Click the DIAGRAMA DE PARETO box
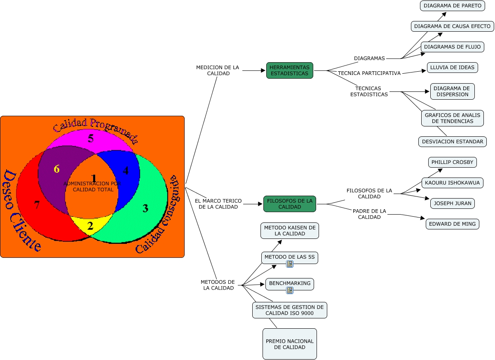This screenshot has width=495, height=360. [x=447, y=6]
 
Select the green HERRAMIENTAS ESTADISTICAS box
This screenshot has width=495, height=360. [x=289, y=70]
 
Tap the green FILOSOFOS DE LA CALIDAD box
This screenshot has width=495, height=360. [x=289, y=204]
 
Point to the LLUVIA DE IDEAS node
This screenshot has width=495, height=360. [x=452, y=68]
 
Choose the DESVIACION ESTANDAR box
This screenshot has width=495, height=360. [x=452, y=142]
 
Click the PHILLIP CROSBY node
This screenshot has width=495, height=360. [x=452, y=162]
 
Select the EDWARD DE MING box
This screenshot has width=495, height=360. [x=452, y=224]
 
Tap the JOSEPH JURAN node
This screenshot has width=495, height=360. [x=452, y=203]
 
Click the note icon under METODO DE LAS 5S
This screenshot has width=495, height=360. [x=290, y=264]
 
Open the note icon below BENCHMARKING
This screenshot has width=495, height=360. [x=290, y=290]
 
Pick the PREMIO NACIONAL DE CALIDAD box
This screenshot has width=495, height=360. [x=289, y=344]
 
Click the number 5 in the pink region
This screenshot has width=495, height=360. [x=91, y=138]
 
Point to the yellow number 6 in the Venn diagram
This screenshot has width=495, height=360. [x=56, y=169]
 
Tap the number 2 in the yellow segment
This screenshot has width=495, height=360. [x=90, y=226]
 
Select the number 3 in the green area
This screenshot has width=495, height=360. [x=145, y=208]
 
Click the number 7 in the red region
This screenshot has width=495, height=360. [x=37, y=205]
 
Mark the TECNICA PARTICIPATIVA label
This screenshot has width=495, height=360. [x=369, y=73]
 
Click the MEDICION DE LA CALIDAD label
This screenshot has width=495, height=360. [x=218, y=70]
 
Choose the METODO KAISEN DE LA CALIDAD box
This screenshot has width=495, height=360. [x=289, y=231]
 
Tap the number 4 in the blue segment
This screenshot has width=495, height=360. [x=125, y=171]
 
